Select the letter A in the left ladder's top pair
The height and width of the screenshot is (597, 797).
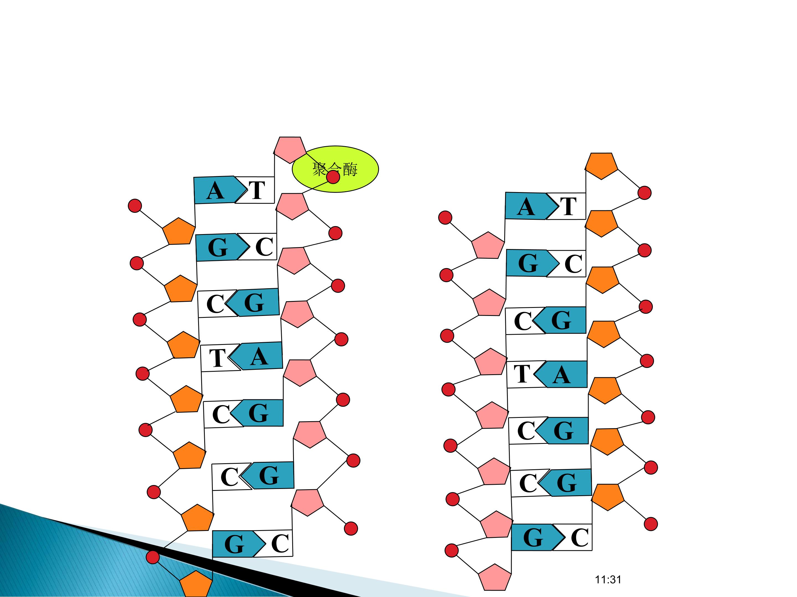click(215, 191)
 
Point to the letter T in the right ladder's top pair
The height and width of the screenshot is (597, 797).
click(568, 206)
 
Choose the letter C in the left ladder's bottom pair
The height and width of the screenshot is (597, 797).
click(280, 543)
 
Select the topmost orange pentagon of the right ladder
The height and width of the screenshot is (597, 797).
click(601, 166)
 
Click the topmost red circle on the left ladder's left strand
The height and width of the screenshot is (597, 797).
click(135, 206)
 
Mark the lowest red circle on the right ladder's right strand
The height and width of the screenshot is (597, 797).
click(651, 524)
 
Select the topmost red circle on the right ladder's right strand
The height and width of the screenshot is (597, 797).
click(645, 193)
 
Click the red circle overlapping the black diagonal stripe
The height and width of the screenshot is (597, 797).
click(153, 557)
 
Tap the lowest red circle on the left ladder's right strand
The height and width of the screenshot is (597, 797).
click(351, 528)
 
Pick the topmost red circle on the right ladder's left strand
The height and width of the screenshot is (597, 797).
click(445, 218)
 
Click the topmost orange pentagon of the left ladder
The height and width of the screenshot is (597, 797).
click(179, 232)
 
